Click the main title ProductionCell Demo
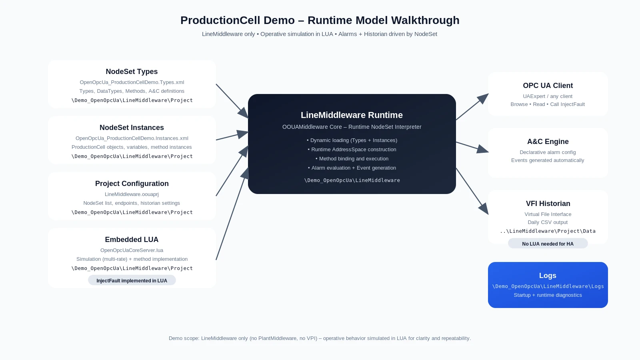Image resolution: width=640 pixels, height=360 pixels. [x=320, y=20]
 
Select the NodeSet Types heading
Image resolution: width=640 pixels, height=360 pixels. [x=132, y=72]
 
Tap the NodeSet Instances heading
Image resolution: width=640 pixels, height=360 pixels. [x=132, y=128]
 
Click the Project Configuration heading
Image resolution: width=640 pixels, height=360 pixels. [x=132, y=184]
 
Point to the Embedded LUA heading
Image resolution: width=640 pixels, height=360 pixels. [x=132, y=240]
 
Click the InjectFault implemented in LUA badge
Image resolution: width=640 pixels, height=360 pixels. [x=132, y=280]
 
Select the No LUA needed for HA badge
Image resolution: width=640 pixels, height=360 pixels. [x=548, y=244]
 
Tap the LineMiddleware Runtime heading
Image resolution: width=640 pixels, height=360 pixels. [x=352, y=115]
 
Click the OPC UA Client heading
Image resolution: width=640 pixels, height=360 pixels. [x=548, y=86]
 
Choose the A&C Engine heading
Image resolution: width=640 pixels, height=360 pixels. [x=548, y=142]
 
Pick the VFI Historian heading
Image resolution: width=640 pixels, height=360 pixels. [x=548, y=204]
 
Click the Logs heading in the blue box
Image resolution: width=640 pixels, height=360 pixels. [x=548, y=276]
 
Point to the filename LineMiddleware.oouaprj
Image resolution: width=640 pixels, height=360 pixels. [x=132, y=194]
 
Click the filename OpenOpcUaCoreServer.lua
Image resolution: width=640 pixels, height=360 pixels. [x=132, y=250]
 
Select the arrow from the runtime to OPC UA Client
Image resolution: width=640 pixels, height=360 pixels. [x=472, y=107]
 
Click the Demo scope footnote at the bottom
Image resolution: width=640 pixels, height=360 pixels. [x=320, y=338]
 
